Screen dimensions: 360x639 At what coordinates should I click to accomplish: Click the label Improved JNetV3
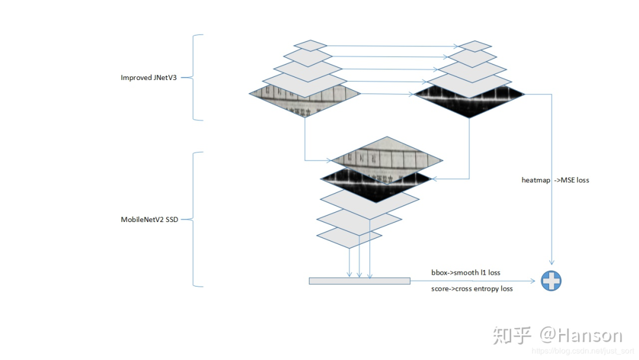click(x=149, y=78)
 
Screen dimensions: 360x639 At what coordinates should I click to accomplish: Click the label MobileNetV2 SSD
click(x=149, y=220)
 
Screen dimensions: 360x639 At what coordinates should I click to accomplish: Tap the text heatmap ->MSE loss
click(x=555, y=180)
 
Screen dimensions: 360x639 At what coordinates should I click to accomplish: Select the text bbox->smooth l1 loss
click(x=466, y=272)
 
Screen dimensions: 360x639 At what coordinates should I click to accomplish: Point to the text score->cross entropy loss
click(x=472, y=288)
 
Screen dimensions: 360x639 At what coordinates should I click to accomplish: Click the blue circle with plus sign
click(x=551, y=281)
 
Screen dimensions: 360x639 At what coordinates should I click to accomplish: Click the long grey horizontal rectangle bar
click(x=359, y=281)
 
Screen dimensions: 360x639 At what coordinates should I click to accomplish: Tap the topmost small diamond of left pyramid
click(x=311, y=45)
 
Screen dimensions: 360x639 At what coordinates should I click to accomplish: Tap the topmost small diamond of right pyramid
click(x=475, y=46)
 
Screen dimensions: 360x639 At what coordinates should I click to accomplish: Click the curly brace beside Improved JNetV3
click(x=197, y=78)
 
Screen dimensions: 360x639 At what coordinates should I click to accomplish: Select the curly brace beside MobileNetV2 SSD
click(x=197, y=220)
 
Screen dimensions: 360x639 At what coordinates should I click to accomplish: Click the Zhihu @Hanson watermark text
click(x=557, y=335)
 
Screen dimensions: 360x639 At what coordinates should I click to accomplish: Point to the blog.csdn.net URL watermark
click(x=582, y=351)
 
